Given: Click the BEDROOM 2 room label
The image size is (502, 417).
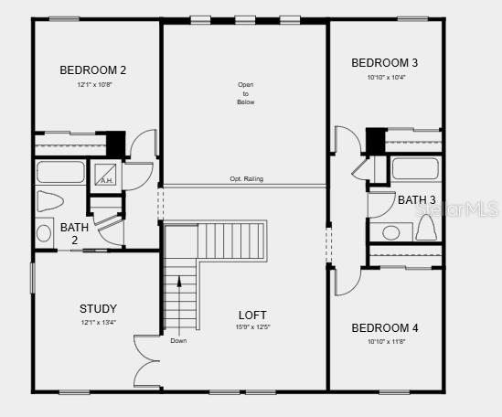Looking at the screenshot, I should click(92, 69).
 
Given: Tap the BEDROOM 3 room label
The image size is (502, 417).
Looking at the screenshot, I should click(385, 62).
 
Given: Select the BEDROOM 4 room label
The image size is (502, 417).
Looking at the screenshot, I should click(385, 327).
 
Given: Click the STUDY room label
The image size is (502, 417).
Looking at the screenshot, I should click(98, 308).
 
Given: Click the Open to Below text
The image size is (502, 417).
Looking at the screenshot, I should click(245, 93).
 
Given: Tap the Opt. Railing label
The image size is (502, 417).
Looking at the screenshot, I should click(246, 179).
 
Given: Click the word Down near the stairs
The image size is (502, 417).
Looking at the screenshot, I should click(178, 340).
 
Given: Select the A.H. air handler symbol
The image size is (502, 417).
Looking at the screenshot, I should click(106, 173).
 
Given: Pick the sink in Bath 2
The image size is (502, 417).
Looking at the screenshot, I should click(44, 233).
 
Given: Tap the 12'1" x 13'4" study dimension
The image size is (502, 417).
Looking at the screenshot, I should click(98, 322).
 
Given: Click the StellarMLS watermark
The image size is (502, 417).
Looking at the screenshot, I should click(457, 209).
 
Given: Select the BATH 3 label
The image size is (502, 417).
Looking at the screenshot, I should click(416, 199).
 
